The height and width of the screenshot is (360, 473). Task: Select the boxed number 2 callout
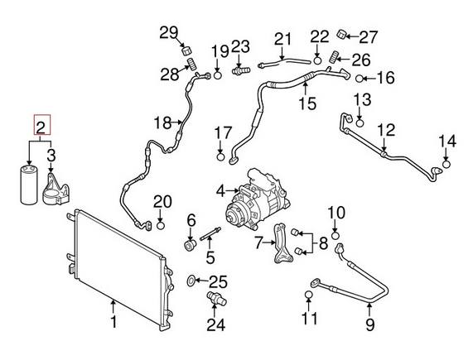[40, 127]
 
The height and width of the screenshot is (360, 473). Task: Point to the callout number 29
[169, 32]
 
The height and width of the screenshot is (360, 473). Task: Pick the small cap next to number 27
[340, 35]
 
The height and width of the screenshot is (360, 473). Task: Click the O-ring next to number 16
[360, 79]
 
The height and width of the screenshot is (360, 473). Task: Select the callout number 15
[307, 103]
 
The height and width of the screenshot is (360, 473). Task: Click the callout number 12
[386, 131]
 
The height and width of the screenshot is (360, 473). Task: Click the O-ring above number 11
[309, 295]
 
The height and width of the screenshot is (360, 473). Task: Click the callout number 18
[162, 124]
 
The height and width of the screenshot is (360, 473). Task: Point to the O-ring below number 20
[162, 221]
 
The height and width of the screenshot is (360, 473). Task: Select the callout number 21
[283, 39]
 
